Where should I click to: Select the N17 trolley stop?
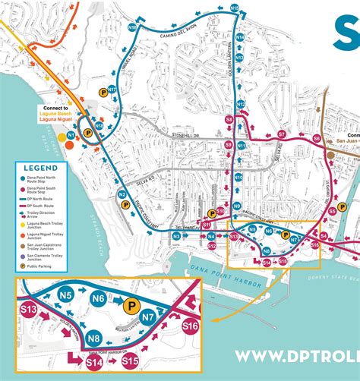click(112, 89)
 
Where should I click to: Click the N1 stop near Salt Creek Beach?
click(71, 134)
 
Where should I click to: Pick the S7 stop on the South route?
click(282, 134)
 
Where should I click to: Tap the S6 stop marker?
click(317, 139)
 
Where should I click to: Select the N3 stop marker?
click(175, 237)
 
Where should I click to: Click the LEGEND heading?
click(39, 168)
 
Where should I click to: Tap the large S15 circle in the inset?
click(130, 361)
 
